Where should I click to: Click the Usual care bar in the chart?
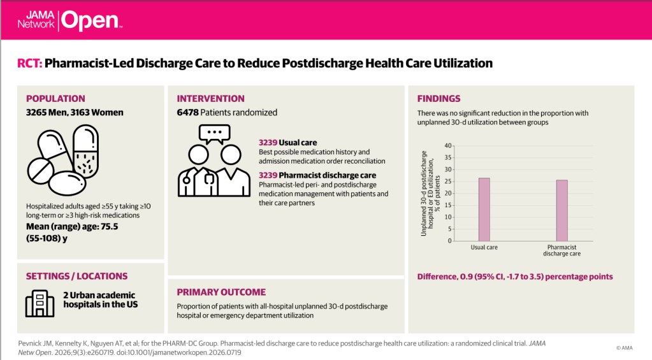click(x=484, y=209)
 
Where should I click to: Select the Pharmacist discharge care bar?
click(x=561, y=210)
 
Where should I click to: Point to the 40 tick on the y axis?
click(x=448, y=145)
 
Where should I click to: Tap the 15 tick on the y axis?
click(x=448, y=205)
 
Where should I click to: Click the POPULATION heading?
click(x=55, y=99)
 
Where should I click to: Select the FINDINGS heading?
click(x=438, y=99)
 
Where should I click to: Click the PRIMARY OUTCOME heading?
click(x=221, y=292)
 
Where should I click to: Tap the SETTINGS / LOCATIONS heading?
click(x=76, y=276)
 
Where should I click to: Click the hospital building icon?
click(x=40, y=303)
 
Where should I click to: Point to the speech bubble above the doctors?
click(x=214, y=133)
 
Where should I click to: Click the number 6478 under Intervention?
click(x=187, y=113)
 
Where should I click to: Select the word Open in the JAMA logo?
click(x=89, y=20)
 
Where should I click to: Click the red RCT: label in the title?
click(x=30, y=64)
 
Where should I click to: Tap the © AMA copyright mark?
click(x=625, y=348)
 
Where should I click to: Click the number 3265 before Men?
click(x=38, y=113)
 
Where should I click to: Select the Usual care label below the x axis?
click(x=484, y=247)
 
